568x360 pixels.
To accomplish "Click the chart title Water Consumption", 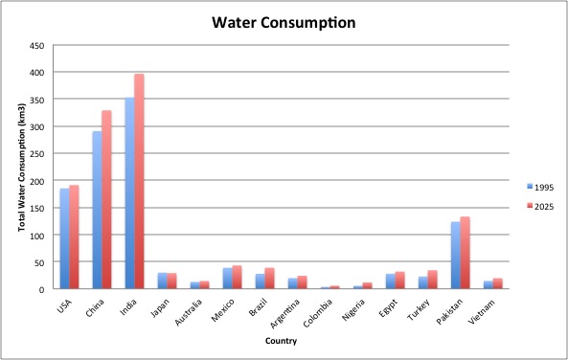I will point(284,20).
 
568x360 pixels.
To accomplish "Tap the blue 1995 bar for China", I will point(98,211).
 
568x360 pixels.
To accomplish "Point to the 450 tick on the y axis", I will point(37,45).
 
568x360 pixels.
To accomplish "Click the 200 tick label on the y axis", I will point(37,181).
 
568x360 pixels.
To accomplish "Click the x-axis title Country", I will point(279,340).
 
